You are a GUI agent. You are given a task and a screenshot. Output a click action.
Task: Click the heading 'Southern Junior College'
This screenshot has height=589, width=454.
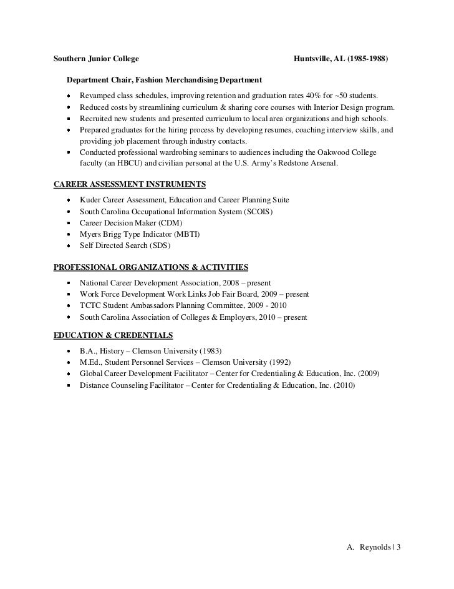[x=95, y=59]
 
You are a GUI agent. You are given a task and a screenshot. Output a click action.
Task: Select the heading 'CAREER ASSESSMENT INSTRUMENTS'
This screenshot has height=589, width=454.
[x=130, y=185]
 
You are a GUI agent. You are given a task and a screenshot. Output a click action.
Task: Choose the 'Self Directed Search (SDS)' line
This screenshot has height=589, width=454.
[x=129, y=245]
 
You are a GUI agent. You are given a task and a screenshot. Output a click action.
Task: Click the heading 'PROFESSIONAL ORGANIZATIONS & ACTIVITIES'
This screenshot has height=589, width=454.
[x=151, y=267]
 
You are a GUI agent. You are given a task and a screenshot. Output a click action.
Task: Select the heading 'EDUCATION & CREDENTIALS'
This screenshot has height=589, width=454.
[x=113, y=335]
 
